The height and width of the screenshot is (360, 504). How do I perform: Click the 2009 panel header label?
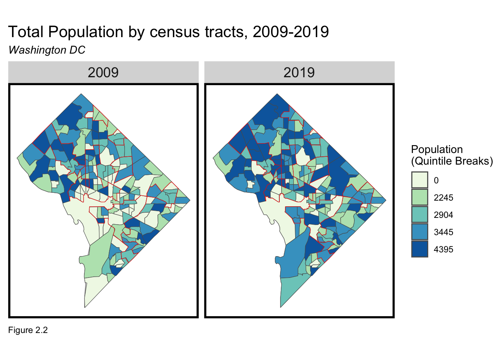[x=103, y=72]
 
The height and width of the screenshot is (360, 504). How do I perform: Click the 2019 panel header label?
[x=299, y=72]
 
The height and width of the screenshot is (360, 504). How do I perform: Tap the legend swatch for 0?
[x=419, y=180]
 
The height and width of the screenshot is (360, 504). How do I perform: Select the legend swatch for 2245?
[x=419, y=197]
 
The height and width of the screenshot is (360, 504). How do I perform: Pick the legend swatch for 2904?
[x=419, y=214]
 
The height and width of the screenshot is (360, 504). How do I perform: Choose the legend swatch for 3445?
[x=419, y=232]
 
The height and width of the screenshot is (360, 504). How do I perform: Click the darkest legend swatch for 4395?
[x=419, y=249]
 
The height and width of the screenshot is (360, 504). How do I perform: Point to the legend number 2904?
[x=443, y=215]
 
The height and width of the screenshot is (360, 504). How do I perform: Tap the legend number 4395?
[x=443, y=249]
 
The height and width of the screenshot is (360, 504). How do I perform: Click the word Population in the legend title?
[x=437, y=149]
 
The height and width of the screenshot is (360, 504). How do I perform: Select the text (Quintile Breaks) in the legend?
[x=452, y=161]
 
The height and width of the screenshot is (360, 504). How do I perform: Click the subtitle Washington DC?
[x=47, y=50]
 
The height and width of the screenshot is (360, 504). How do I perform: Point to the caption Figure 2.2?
[x=28, y=330]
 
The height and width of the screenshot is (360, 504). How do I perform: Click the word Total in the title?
[x=26, y=32]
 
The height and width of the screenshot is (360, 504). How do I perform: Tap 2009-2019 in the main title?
[x=291, y=32]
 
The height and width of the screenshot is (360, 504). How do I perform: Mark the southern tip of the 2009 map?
[x=85, y=307]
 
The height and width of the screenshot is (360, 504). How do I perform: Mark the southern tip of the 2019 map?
[x=280, y=307]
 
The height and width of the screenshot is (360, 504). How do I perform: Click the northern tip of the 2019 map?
[x=277, y=94]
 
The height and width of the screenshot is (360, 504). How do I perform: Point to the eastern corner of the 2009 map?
[x=190, y=200]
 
